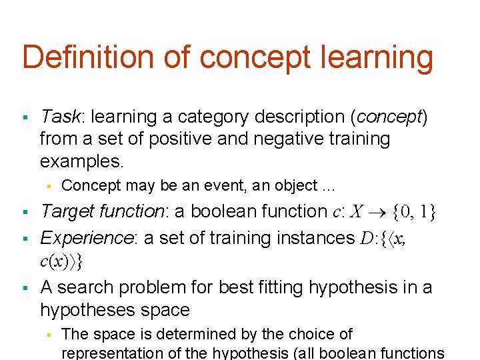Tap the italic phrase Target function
(x=103, y=211)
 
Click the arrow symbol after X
(x=377, y=212)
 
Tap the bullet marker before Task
(x=25, y=118)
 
